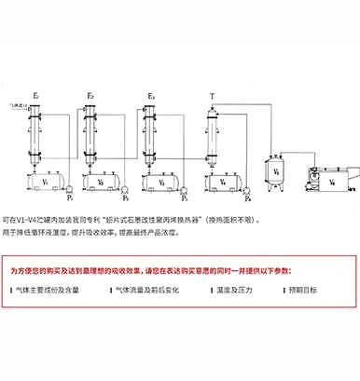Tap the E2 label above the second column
(x=91, y=95)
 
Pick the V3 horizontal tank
(x=161, y=183)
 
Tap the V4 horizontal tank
(x=222, y=183)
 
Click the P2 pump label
(x=124, y=198)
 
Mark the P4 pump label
(x=247, y=198)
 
